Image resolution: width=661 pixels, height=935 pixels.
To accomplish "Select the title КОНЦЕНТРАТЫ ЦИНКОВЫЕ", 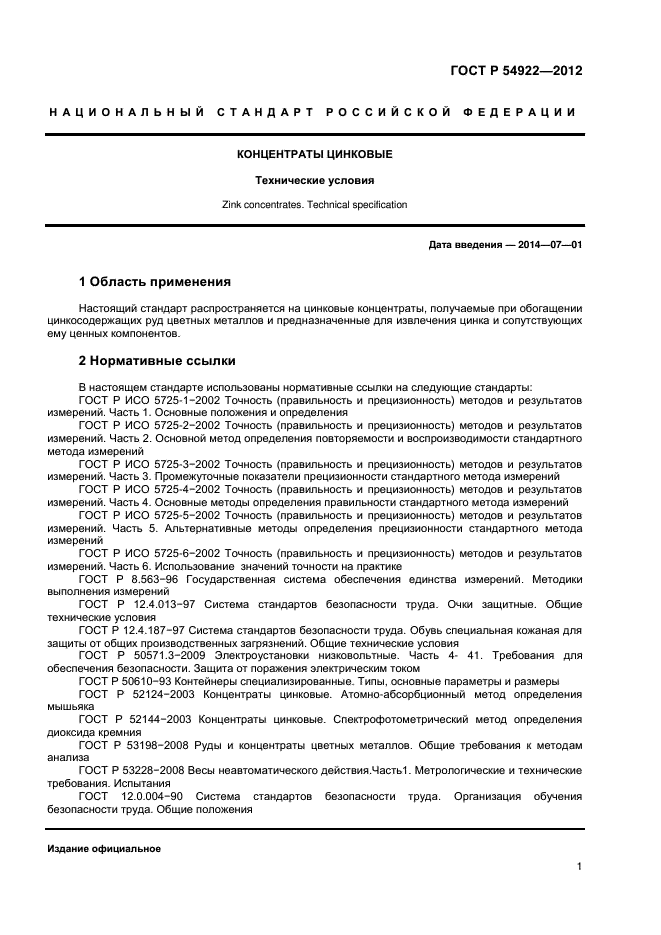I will (314, 155).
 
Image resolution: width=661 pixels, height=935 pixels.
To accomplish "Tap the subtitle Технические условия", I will (313, 181).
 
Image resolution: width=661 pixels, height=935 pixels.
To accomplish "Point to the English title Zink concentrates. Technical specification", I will (314, 205).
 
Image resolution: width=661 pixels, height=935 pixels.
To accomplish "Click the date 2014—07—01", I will (548, 244).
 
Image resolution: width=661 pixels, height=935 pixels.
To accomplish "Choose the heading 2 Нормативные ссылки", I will (157, 361).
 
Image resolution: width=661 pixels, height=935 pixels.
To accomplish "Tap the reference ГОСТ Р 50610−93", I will (131, 681).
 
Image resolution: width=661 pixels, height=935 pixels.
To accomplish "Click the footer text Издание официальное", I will (104, 849).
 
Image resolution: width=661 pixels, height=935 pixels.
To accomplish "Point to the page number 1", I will (579, 866).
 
